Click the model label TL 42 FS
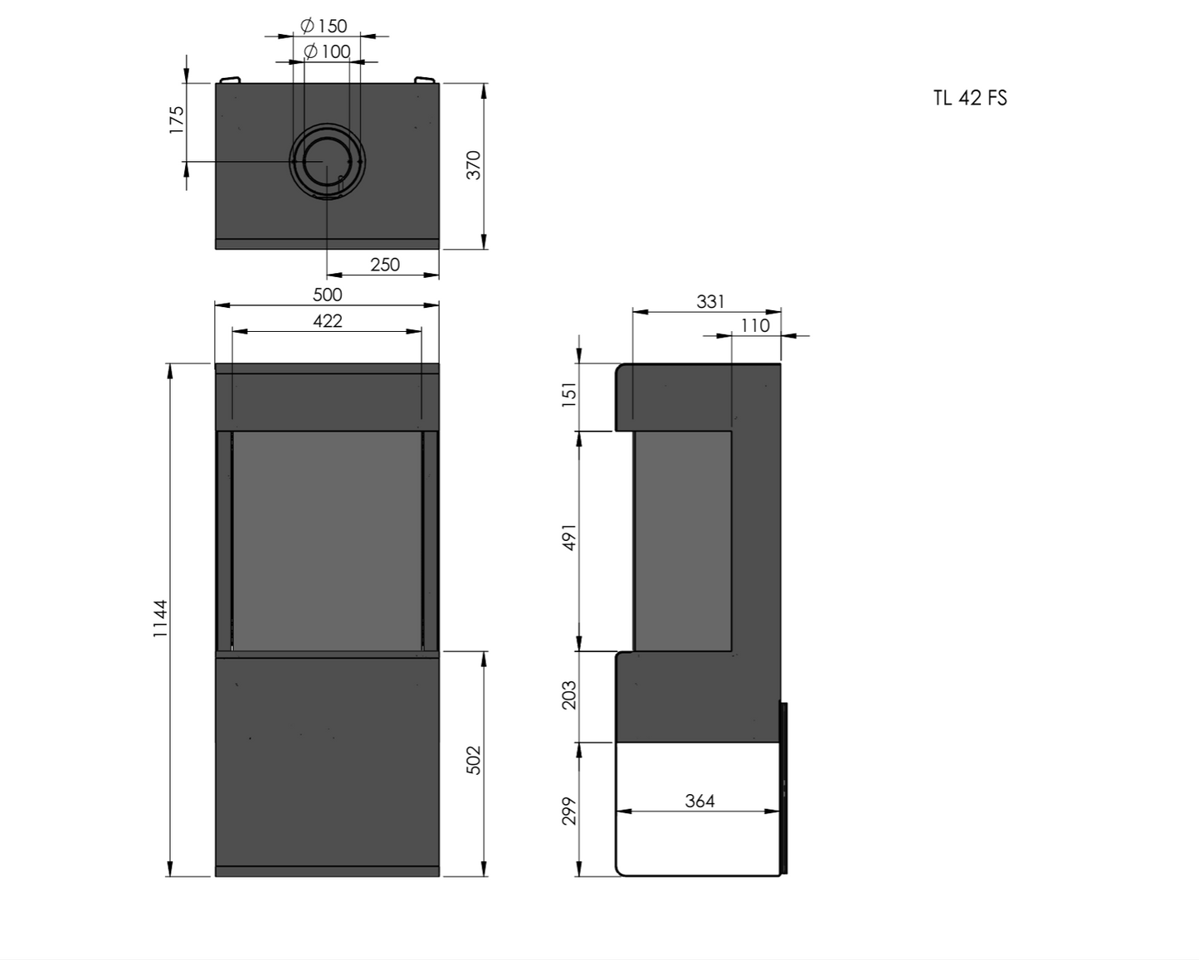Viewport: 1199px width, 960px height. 970,98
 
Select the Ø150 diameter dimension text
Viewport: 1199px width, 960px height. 324,26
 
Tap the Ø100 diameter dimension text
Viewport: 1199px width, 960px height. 327,51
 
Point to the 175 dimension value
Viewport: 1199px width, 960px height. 176,119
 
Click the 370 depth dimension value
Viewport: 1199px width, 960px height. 473,165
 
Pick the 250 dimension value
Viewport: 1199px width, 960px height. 385,264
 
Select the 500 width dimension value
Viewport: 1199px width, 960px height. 327,295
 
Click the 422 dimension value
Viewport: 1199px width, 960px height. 327,320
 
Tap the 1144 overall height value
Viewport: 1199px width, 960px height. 160,618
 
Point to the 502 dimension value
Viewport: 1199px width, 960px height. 473,760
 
